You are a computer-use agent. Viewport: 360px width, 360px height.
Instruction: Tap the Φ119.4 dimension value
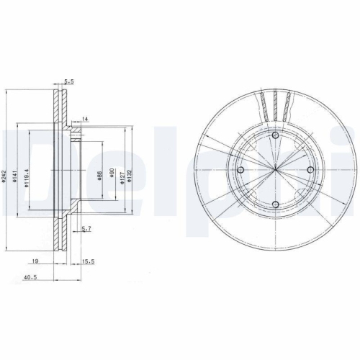pos(27,177)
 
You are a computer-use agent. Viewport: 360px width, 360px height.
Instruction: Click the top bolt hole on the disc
pos(276,136)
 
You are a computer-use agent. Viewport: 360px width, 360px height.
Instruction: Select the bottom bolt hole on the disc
pos(276,204)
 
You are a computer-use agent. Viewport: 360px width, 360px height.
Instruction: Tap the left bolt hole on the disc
pos(242,170)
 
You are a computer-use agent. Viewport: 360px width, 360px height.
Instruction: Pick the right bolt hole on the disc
pos(310,170)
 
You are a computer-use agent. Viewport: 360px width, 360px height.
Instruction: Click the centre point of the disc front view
pos(276,170)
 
